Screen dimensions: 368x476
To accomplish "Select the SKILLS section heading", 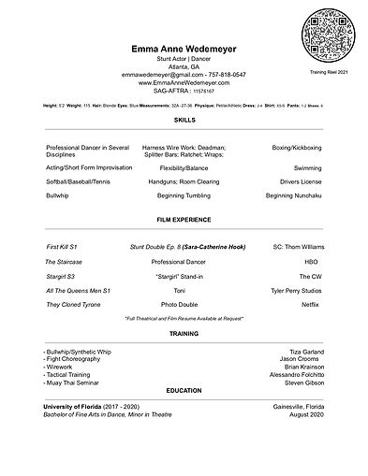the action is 184,121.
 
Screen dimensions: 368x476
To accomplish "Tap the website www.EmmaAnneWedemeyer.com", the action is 184,82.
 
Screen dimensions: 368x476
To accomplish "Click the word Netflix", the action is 312,306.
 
